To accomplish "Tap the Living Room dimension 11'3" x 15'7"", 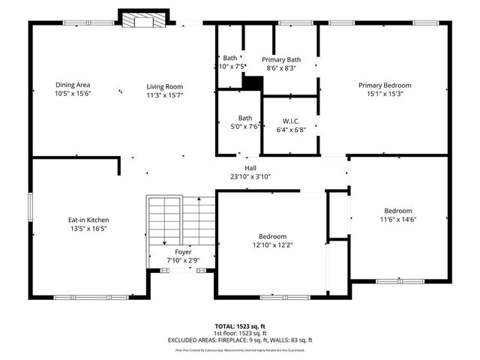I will coord(164,95).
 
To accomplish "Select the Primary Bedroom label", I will coord(384,85).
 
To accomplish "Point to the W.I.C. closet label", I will coord(292,120).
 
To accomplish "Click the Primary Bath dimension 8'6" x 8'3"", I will coord(281,67).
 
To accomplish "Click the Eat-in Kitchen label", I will coord(88,220).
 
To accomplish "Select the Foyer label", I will coord(183,252).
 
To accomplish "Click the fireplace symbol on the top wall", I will coord(137,19).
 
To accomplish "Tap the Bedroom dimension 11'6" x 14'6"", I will coord(398,220).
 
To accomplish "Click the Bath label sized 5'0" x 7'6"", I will coord(245,127).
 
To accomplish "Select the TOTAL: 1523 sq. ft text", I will coord(239,327).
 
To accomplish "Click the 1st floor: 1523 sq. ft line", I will coord(239,333).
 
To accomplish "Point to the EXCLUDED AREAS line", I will coord(239,340).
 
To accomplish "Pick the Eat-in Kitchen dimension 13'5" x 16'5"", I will coord(88,229).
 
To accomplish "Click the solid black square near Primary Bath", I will coord(253,83).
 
